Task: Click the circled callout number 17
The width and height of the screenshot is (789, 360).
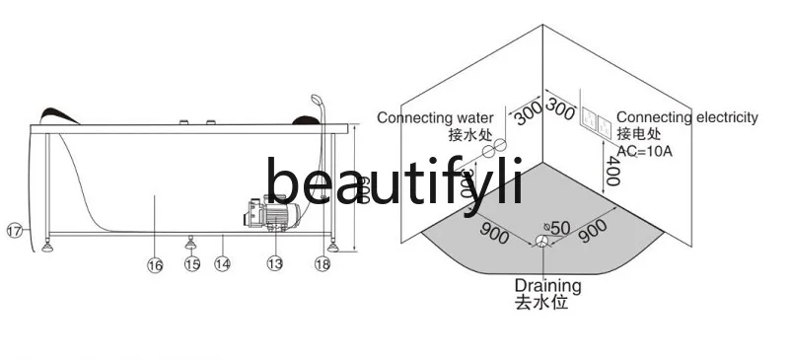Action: coord(15,231)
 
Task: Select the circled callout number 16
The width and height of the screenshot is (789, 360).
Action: coord(155,263)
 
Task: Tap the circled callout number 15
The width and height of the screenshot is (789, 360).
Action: coord(191,264)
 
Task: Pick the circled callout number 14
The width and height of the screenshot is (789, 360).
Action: coord(223,264)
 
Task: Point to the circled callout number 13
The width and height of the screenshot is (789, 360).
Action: coord(274,263)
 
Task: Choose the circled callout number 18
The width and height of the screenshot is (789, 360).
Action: coord(323,263)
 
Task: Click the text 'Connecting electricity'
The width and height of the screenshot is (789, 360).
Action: coord(687,117)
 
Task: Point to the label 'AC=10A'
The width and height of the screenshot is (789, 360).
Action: coord(646,150)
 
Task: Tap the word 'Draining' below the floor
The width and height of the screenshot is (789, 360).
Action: coord(547,286)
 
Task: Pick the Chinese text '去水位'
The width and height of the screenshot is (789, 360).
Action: coord(541,303)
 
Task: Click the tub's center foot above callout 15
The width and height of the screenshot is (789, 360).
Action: coord(191,241)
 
